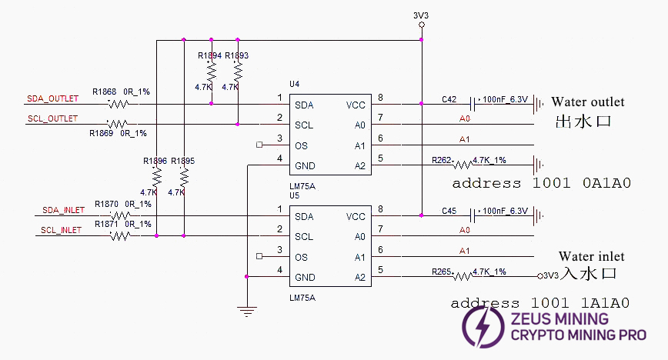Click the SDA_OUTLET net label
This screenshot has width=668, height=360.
coord(52,98)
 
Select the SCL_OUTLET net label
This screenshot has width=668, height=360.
coord(52,118)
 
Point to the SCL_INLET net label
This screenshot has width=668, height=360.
coord(62,230)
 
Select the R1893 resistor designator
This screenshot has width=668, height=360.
coord(236,55)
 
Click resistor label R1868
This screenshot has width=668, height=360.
coord(105,92)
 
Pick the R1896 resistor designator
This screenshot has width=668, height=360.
coord(155,161)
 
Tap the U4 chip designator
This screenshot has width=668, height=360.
coord(294,82)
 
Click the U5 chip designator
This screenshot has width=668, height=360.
coord(294,195)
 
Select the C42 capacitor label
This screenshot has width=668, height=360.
coord(449,99)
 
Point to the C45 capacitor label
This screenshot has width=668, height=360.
coord(449,211)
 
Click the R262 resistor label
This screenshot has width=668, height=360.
coord(442,160)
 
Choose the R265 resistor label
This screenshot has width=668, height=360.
coord(442,272)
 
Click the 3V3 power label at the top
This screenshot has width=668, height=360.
coord(421,14)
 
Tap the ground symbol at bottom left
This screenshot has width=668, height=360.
coord(246,310)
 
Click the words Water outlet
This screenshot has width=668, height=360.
coord(588,102)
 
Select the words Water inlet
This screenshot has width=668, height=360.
coord(591,256)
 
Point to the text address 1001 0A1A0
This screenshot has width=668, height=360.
coord(541,183)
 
